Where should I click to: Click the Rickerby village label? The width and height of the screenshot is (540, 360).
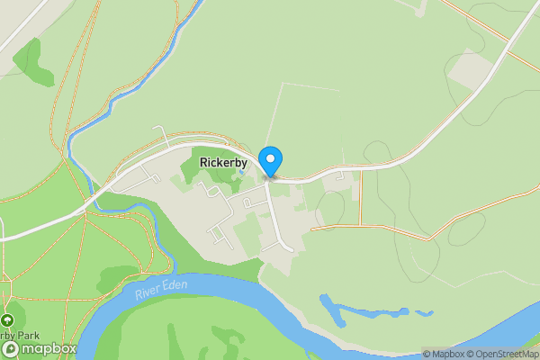[x=222, y=163]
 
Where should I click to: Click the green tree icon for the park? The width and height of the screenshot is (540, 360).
[x=8, y=320]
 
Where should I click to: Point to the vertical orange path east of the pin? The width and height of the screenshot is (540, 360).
[x=361, y=198]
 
